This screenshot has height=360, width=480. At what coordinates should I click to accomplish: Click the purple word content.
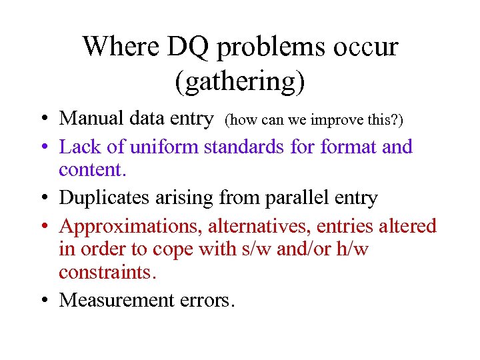tap(92, 171)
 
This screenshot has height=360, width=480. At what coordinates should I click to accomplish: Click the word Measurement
tap(117, 301)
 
